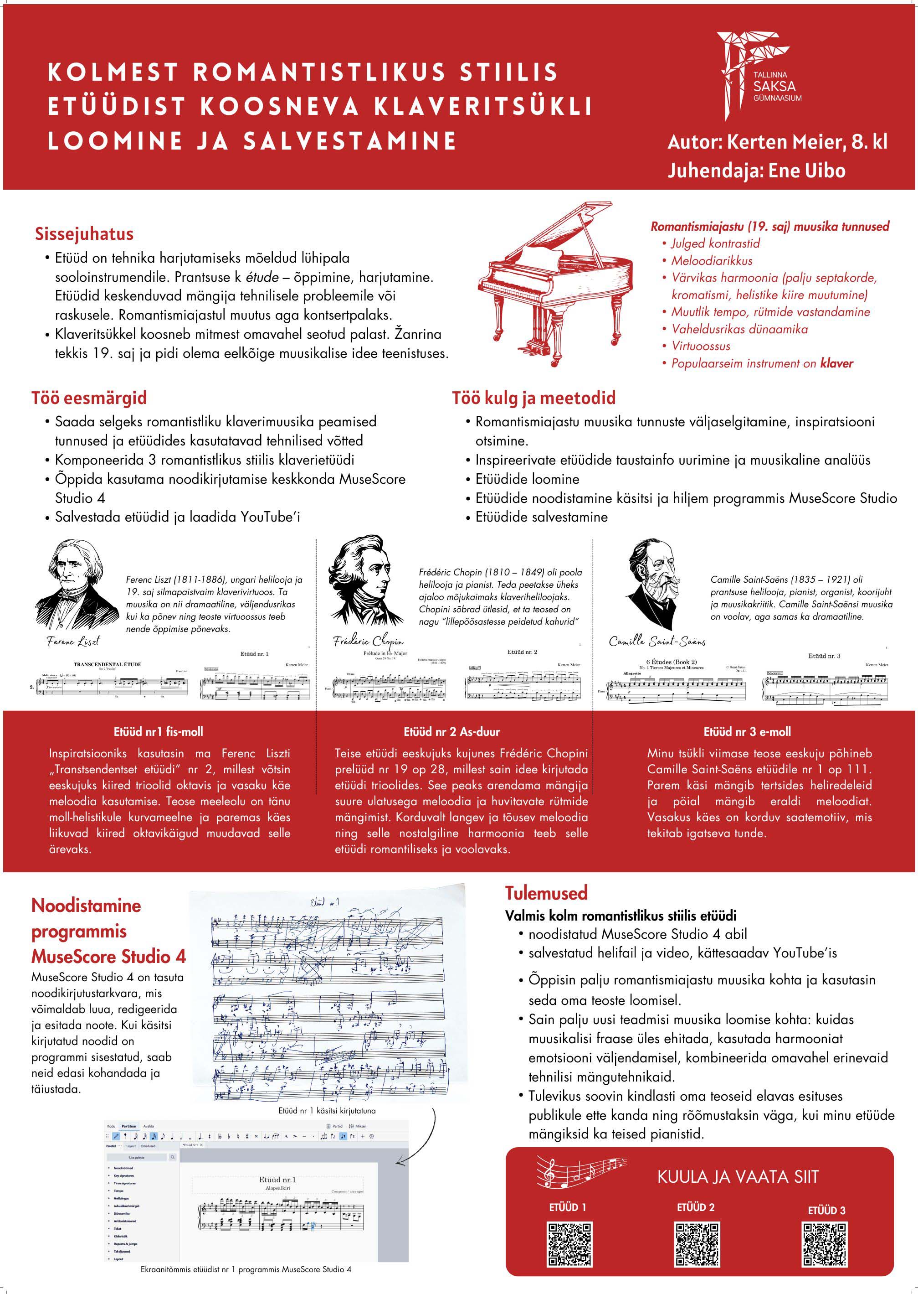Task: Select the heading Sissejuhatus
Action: click(84, 233)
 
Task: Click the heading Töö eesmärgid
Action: click(89, 398)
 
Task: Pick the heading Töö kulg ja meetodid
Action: click(533, 398)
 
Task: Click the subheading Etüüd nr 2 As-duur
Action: click(451, 732)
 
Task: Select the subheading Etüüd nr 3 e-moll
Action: click(747, 732)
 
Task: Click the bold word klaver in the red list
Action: click(836, 363)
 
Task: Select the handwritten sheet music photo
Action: click(328, 998)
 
